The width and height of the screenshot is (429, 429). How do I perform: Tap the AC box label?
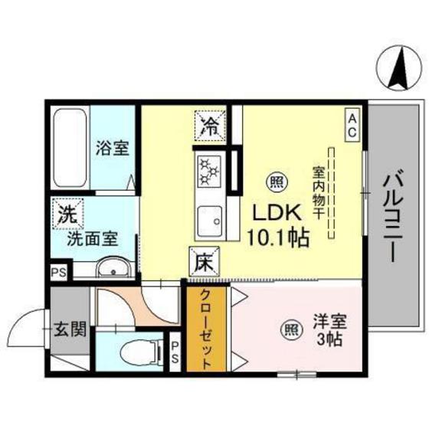tap(352, 125)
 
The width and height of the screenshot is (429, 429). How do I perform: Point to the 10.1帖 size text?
tap(277, 238)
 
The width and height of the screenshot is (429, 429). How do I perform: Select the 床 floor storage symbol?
tap(203, 264)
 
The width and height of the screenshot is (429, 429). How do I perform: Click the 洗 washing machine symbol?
tap(67, 214)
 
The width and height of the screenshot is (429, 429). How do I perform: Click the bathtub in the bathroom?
tap(70, 149)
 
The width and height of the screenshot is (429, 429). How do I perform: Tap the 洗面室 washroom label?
tap(92, 238)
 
